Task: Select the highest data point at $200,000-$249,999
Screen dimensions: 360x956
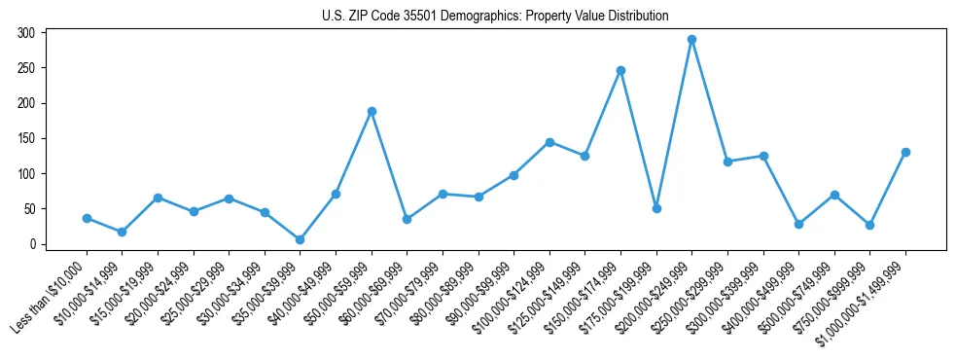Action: [691, 40]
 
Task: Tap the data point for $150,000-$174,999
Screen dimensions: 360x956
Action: [620, 70]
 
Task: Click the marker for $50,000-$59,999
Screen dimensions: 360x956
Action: [372, 111]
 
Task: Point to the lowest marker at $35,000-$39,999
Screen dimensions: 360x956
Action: [300, 239]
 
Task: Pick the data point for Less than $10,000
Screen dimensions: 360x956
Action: [87, 218]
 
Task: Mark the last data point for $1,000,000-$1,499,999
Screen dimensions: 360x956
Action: [905, 152]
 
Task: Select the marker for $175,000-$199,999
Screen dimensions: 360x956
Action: [656, 208]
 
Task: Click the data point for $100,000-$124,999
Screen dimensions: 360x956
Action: [549, 142]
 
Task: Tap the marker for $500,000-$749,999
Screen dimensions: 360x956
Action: [834, 195]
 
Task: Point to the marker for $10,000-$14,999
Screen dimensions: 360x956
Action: [122, 232]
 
